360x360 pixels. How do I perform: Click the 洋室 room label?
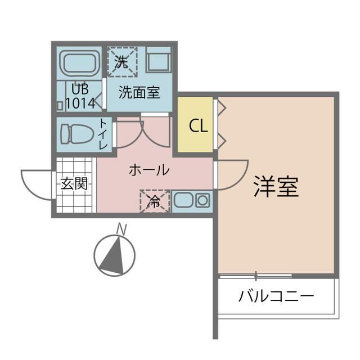click(x=276, y=186)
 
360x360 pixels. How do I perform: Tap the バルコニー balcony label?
click(x=276, y=295)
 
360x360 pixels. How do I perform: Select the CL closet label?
click(x=198, y=125)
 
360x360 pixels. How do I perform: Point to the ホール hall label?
click(x=149, y=169)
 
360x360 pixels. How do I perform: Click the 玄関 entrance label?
click(x=74, y=184)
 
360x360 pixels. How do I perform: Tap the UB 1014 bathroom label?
click(x=80, y=96)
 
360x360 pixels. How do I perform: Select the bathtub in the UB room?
click(x=80, y=62)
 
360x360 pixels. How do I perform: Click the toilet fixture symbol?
click(x=76, y=134)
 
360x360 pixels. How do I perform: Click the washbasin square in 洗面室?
click(x=158, y=60)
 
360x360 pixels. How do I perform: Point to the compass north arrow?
click(x=115, y=254)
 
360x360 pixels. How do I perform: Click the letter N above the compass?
click(x=121, y=229)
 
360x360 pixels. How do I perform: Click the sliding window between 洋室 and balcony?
click(x=256, y=276)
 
